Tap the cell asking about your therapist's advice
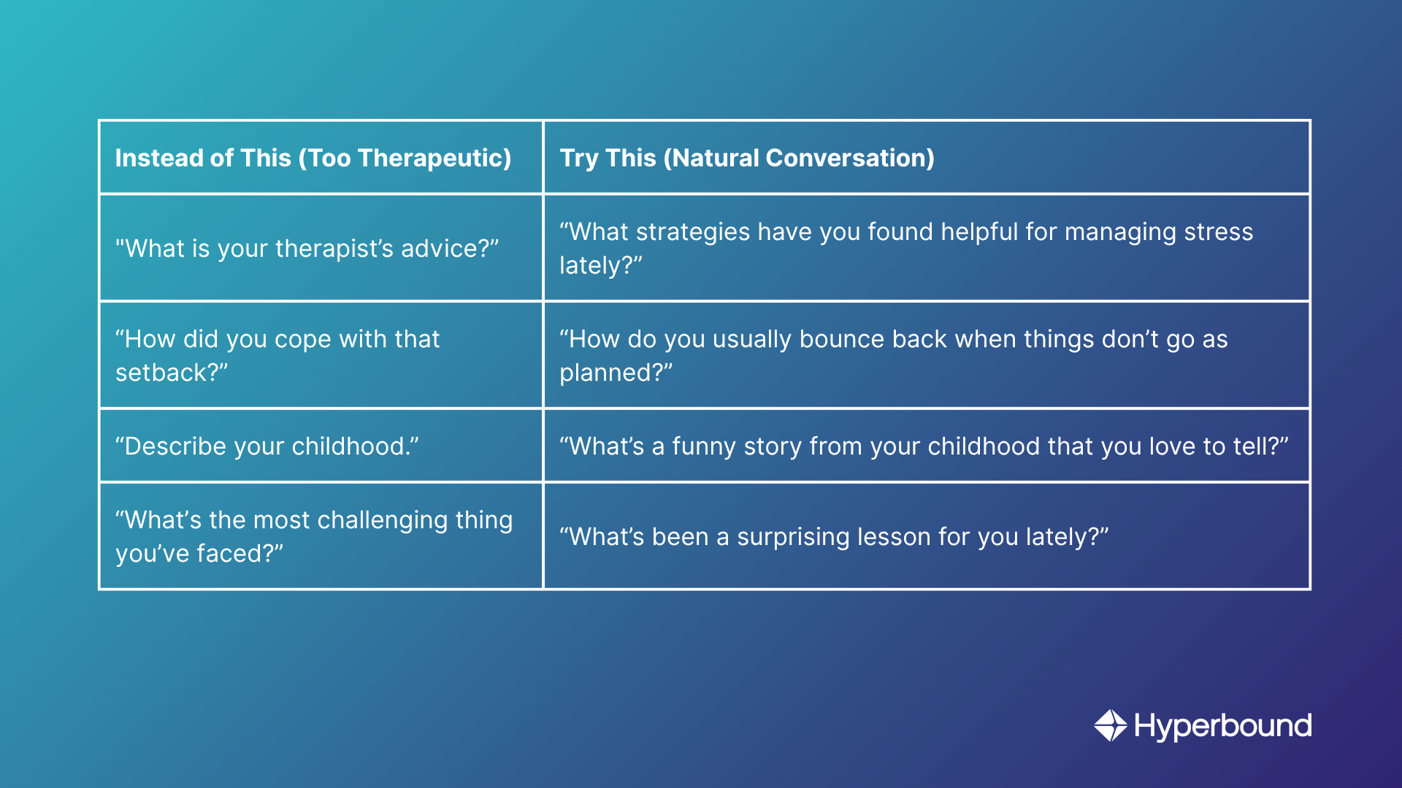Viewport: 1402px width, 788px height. click(x=321, y=248)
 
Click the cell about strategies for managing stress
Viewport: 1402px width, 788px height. click(x=927, y=248)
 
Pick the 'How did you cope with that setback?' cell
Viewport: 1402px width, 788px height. click(x=321, y=355)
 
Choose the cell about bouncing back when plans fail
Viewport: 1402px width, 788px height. click(x=927, y=355)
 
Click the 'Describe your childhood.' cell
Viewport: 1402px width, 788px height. click(x=321, y=446)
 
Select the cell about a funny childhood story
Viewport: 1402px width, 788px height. click(x=927, y=446)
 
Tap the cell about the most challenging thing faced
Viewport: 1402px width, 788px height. click(x=321, y=536)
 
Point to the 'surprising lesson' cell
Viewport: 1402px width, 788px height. click(x=927, y=536)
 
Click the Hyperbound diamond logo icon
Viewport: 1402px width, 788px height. click(x=1111, y=725)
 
